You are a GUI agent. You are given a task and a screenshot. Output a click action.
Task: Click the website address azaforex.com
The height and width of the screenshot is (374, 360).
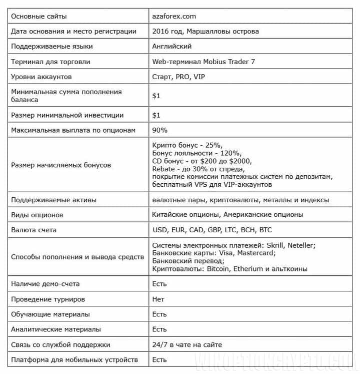click(174, 16)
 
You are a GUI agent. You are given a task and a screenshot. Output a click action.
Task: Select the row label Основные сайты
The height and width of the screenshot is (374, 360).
click(38, 16)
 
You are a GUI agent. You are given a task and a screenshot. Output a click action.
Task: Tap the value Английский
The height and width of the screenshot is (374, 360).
click(172, 47)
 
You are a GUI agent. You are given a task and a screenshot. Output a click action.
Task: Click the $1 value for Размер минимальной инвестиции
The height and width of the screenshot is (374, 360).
click(156, 115)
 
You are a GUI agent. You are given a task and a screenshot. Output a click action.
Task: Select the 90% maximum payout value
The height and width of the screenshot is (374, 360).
click(160, 130)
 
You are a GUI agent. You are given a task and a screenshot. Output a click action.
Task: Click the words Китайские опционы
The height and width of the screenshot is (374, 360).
click(185, 215)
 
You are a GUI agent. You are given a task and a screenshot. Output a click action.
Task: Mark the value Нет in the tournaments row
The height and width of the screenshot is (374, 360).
click(158, 299)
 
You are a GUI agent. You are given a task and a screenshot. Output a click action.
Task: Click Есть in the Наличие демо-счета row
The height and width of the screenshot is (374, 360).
click(159, 284)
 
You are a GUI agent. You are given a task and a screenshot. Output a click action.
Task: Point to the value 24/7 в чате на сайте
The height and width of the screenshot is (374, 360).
click(187, 344)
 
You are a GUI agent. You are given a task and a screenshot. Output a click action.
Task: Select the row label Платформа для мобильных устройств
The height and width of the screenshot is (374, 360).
click(74, 360)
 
